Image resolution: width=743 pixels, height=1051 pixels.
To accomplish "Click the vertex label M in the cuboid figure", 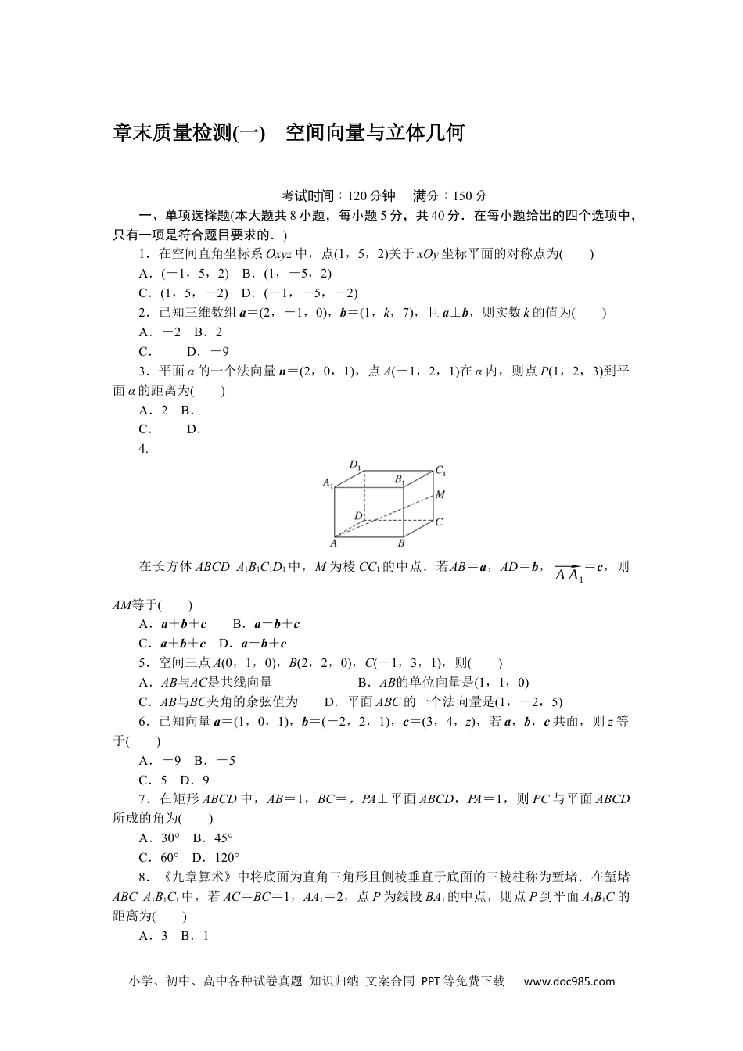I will [440, 494].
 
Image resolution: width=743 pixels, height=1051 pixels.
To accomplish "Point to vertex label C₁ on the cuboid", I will [441, 471].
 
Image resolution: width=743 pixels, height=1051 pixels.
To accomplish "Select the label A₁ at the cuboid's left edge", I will [328, 483].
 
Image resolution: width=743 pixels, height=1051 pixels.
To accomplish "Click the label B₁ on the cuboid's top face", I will [400, 479].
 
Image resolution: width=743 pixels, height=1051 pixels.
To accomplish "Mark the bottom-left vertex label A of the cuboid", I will [333, 543].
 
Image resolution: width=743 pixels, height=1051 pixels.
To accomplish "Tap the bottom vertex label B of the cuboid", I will [401, 543].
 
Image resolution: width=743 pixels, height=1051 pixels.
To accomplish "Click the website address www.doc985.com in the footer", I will [569, 981].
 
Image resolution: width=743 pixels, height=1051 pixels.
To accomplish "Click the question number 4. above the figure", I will [144, 448].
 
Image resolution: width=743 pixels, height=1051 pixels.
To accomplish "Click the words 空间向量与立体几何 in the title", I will [375, 133].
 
